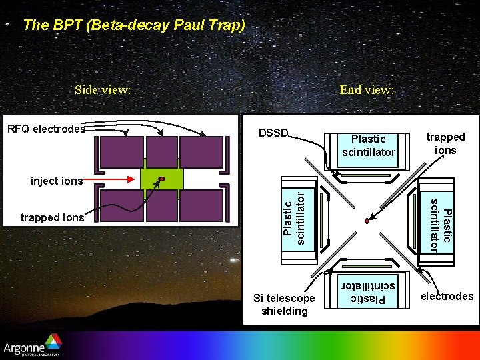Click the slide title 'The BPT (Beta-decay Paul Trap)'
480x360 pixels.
tap(134, 26)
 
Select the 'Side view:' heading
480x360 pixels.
tap(103, 90)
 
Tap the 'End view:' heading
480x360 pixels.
tap(367, 90)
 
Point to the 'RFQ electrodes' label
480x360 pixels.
tap(45, 129)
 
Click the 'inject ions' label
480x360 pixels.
tap(57, 181)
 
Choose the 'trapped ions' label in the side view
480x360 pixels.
tap(53, 217)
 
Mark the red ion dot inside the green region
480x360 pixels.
tap(161, 179)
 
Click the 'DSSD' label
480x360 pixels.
tap(273, 133)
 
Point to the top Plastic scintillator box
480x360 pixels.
tap(369, 146)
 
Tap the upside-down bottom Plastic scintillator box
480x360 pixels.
tap(369, 291)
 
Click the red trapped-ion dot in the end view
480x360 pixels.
tap(366, 221)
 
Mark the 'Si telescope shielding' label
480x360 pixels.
tap(285, 305)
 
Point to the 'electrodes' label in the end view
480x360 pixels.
tap(447, 296)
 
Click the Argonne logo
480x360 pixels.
tap(32, 347)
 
